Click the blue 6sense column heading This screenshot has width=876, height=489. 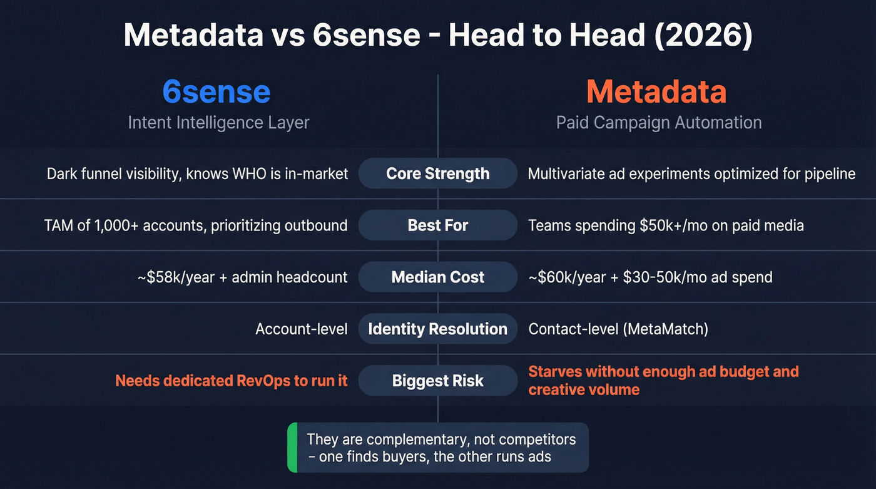216,92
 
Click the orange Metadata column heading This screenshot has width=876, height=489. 656,92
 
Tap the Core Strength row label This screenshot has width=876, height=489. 438,173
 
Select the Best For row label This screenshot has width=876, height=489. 438,225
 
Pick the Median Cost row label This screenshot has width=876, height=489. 438,277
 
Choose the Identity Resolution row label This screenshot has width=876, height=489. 438,329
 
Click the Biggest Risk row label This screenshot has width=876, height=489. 438,381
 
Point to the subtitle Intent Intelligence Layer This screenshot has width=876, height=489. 218,122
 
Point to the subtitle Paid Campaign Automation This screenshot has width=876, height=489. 659,122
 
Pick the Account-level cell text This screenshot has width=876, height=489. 301,329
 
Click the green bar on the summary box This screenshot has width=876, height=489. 292,447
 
